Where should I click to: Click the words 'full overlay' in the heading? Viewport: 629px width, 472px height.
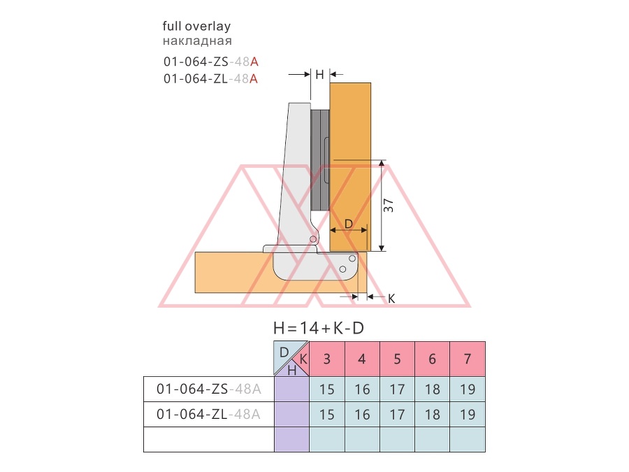point(196,27)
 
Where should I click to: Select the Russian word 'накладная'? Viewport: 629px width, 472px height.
point(197,41)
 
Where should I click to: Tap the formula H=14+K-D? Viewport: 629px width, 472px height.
point(319,329)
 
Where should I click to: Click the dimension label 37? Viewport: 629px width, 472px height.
point(389,206)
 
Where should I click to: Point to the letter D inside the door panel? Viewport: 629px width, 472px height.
point(349,224)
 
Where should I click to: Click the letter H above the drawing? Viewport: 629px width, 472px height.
point(319,75)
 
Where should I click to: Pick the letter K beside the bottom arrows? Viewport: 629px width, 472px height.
point(391,299)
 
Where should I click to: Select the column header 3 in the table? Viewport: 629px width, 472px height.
point(327,359)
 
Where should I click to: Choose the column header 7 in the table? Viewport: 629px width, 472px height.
point(468,359)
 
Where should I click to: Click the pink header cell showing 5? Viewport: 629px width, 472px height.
point(397,359)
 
